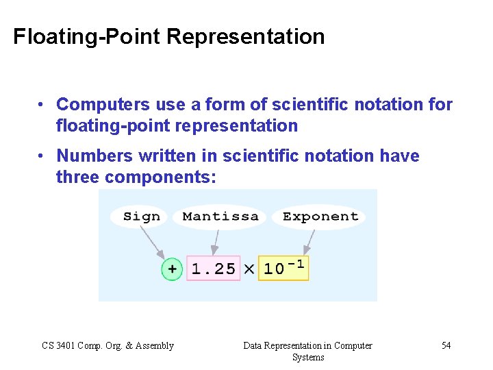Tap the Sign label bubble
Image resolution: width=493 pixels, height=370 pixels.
pos(141,217)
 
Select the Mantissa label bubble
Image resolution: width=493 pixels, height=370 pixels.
pos(220,217)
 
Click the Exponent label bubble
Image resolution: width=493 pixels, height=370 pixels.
pos(320,217)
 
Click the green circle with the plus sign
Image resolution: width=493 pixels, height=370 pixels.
pos(172,269)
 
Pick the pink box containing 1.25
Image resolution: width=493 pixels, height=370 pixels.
pos(213,269)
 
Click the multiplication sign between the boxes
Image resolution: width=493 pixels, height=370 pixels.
pos(249,269)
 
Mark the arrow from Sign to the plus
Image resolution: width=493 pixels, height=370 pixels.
pos(152,241)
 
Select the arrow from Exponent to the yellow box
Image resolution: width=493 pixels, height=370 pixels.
pos(309,241)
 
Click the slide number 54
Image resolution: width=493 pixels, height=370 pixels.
pos(446,345)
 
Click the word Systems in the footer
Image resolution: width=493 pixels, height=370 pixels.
pos(307,357)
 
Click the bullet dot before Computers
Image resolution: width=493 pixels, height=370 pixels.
pos(42,105)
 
